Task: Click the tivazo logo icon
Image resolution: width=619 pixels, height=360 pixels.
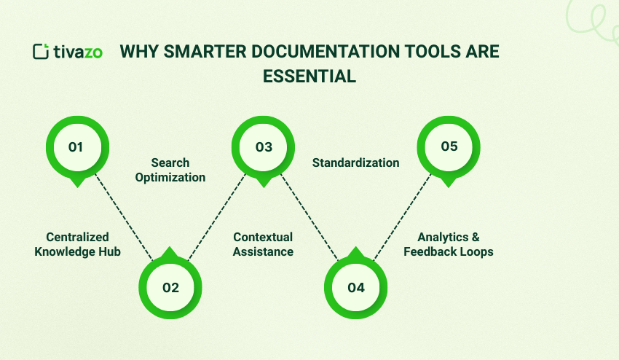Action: [41, 52]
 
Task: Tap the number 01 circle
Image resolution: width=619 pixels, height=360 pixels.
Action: [76, 147]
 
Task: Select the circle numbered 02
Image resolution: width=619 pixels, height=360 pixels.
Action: [170, 287]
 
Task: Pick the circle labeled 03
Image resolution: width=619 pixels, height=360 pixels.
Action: [264, 147]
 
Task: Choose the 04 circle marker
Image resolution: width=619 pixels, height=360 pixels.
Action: [356, 287]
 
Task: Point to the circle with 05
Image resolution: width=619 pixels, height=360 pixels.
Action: [449, 147]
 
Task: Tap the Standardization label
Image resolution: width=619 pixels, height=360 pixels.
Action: [356, 163]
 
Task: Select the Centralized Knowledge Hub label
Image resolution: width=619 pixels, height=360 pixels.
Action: [77, 244]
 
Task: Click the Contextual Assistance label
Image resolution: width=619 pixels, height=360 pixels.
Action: [263, 244]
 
